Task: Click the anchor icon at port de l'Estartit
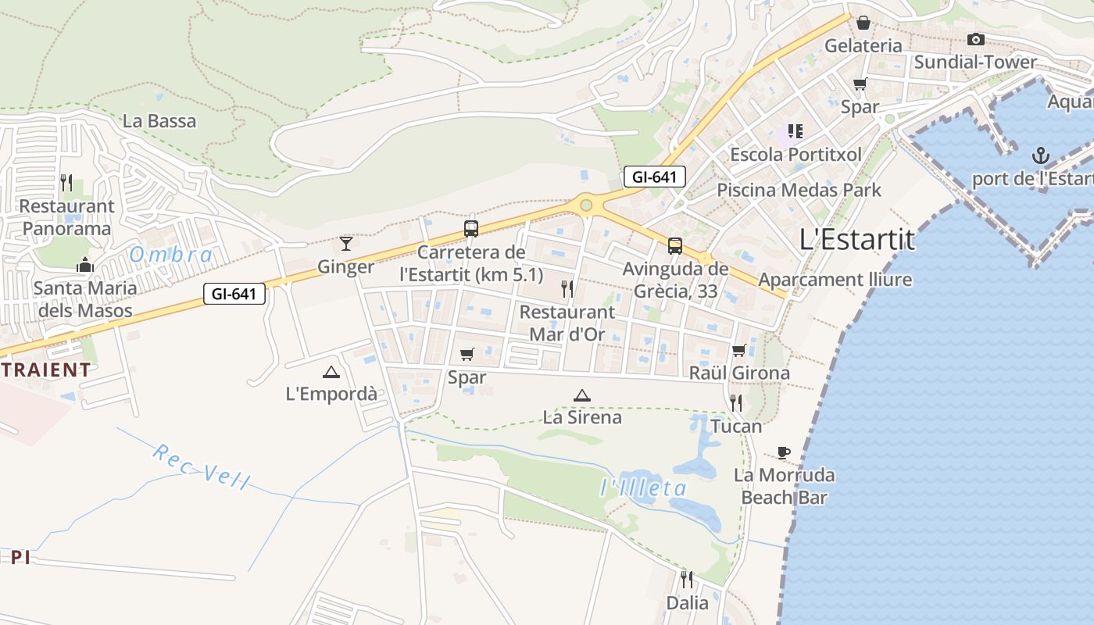1040,155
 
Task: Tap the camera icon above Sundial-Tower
975,40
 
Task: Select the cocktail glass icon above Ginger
346,243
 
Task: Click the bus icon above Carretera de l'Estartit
470,229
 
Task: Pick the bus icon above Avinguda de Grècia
674,246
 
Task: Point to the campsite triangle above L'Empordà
331,372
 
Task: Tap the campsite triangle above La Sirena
581,395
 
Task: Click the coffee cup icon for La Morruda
784,452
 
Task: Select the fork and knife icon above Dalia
687,579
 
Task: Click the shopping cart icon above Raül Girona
739,350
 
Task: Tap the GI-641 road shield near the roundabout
654,177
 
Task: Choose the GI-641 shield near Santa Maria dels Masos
234,295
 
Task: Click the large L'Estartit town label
856,239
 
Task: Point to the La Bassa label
159,121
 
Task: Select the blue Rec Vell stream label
201,466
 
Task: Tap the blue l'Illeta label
643,489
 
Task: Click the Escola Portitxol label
795,155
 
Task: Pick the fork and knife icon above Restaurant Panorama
66,183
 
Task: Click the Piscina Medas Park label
799,190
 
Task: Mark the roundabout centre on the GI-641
586,205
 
